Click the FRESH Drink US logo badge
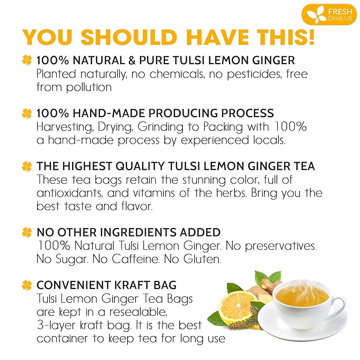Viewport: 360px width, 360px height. [x=329, y=14]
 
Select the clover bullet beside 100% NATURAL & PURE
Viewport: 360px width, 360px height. [x=27, y=61]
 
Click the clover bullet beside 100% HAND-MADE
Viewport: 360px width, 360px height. [x=27, y=113]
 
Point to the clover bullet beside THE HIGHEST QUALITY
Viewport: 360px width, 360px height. [x=27, y=166]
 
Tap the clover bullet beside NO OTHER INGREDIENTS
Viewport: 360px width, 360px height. [x=27, y=232]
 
